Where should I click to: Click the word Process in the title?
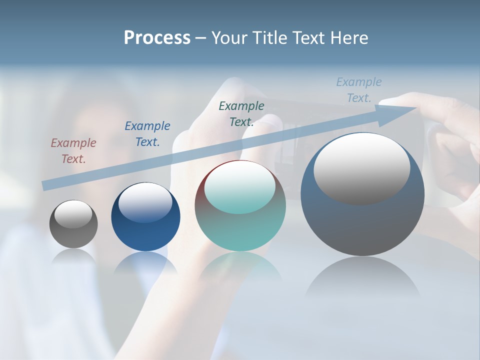pyautogui.click(x=157, y=38)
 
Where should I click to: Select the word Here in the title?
pyautogui.click(x=349, y=38)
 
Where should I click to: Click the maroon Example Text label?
pyautogui.click(x=73, y=151)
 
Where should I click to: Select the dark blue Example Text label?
pyautogui.click(x=147, y=134)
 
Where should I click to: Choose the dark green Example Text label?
pyautogui.click(x=241, y=114)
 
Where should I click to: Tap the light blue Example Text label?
pyautogui.click(x=359, y=90)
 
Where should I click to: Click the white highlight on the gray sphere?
pyautogui.click(x=73, y=214)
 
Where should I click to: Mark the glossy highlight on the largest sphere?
pyautogui.click(x=361, y=167)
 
